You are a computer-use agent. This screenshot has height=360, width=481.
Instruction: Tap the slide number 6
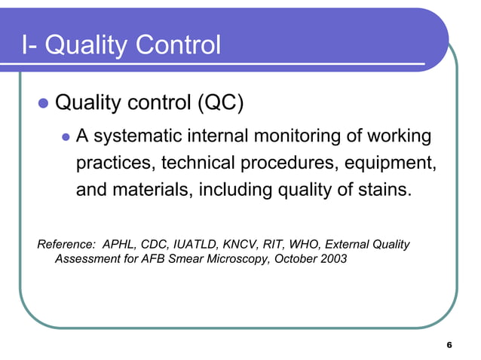[x=449, y=345]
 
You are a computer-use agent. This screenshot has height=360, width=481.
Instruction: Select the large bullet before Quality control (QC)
[x=43, y=102]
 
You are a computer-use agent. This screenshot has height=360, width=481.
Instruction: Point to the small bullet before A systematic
[x=65, y=138]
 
